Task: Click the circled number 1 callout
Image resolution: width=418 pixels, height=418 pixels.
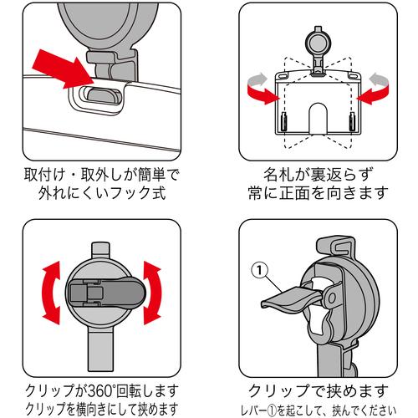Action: point(259,270)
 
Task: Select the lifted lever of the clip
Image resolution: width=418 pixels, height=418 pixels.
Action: point(290,299)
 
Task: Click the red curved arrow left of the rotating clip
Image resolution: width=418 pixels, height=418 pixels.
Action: point(52,293)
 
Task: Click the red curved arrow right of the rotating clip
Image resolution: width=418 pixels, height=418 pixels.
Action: point(152,293)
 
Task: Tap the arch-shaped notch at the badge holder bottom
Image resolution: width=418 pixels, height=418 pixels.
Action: point(318,119)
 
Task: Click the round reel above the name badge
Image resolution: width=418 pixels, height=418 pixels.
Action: point(318,43)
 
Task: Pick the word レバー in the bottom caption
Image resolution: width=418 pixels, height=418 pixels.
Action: point(253,410)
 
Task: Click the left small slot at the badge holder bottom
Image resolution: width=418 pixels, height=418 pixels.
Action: point(283,122)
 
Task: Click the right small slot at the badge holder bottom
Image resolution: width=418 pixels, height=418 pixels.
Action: point(352,122)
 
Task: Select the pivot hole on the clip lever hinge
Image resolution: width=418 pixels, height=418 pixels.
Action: point(332,298)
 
